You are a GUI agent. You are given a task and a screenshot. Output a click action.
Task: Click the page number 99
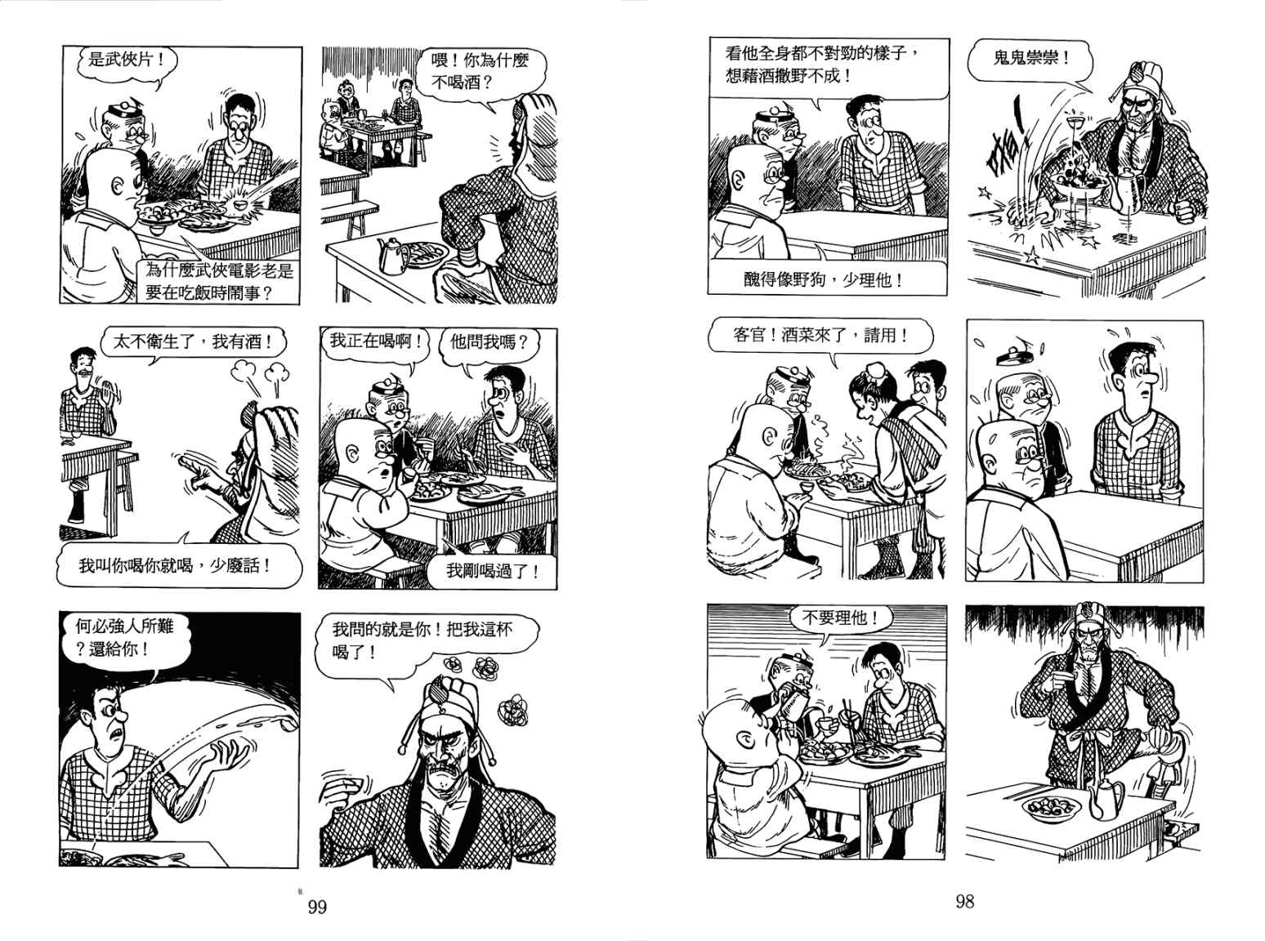[x=317, y=907]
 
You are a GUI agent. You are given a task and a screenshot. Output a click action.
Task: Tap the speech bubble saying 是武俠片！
[x=126, y=60]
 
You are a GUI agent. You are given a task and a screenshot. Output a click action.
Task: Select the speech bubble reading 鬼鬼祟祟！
[x=1030, y=60]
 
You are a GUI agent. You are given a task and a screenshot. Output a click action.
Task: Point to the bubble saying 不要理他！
[x=839, y=618]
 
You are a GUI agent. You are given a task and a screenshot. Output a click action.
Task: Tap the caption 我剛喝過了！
[x=492, y=570]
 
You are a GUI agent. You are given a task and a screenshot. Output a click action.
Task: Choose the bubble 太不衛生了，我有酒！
[x=193, y=342]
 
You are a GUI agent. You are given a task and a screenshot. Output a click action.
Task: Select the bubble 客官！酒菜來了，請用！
[x=820, y=336]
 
